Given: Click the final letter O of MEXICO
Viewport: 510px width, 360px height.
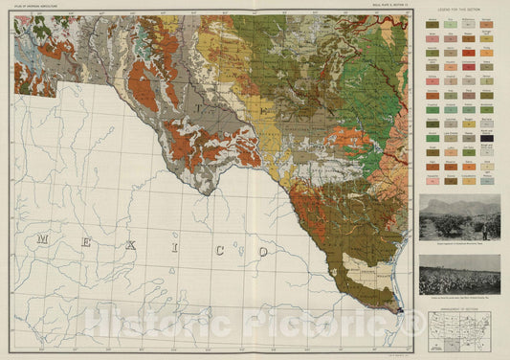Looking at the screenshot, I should pos(261,251).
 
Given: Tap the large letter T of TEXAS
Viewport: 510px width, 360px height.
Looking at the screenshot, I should pos(201,97).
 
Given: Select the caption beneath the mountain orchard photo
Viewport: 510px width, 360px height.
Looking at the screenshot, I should pos(459,245).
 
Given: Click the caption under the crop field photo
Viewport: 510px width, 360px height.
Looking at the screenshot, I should pos(459,299).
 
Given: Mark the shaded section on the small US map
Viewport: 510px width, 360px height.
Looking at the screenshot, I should pos(457,335).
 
